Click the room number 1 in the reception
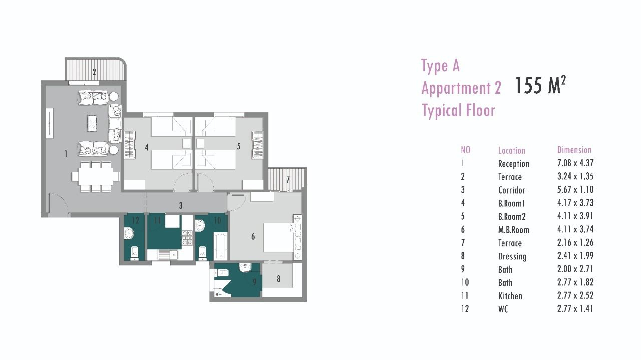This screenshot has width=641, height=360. [x=66, y=154]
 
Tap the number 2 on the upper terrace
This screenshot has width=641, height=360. [x=94, y=72]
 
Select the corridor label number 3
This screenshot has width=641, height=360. [x=181, y=205]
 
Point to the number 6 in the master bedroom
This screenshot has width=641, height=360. [x=253, y=237]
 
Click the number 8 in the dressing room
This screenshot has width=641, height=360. [x=279, y=279]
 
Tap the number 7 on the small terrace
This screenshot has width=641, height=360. [x=288, y=180]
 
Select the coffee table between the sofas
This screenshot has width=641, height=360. [x=92, y=123]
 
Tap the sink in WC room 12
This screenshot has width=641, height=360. [x=129, y=233]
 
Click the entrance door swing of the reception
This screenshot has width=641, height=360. [x=59, y=203]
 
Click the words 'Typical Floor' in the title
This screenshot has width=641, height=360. [x=458, y=111]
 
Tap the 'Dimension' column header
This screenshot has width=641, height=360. [x=574, y=150]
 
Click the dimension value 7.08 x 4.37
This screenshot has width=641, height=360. [x=575, y=163]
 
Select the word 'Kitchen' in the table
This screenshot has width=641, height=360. [x=510, y=296]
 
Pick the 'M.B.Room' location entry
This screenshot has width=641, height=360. [x=514, y=230]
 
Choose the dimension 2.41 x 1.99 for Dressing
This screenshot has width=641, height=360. [x=575, y=256]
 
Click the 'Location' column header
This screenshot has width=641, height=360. [x=512, y=151]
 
